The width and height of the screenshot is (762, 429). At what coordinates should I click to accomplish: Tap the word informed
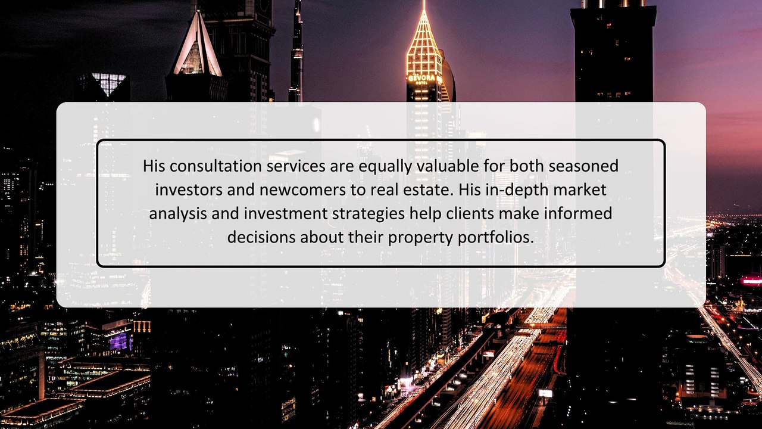581,213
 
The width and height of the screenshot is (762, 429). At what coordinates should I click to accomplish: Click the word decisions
261,237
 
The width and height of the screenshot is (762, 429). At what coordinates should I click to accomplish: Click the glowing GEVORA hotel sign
424,79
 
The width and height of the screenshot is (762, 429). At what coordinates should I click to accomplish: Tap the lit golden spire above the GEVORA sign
424,42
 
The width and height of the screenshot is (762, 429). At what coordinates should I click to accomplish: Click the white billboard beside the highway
545,393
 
